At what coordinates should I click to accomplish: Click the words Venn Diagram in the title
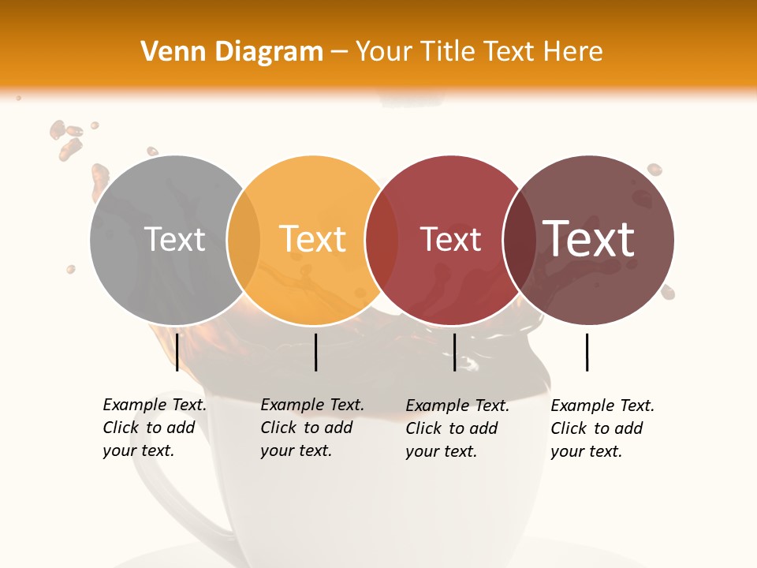[232, 52]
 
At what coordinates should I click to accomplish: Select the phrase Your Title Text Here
[479, 52]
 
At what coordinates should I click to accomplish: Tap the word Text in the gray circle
[174, 240]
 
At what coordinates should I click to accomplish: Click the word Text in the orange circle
[312, 240]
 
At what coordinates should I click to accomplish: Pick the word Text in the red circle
[450, 240]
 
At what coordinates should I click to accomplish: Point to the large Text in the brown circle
[588, 238]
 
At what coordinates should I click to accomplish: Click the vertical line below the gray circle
[177, 352]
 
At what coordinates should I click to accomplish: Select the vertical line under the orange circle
[315, 352]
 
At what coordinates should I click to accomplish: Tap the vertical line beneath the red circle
[454, 352]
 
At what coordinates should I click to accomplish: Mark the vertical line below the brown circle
[587, 352]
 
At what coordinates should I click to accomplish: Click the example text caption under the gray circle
[154, 428]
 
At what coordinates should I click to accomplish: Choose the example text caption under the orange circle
[311, 428]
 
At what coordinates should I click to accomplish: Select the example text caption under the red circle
[457, 428]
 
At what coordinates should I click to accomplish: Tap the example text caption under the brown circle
[602, 428]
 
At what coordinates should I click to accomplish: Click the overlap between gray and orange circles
[244, 240]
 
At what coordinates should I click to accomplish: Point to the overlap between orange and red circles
[382, 240]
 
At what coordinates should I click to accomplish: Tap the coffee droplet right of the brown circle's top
[654, 170]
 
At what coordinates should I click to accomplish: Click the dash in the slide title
[339, 52]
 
